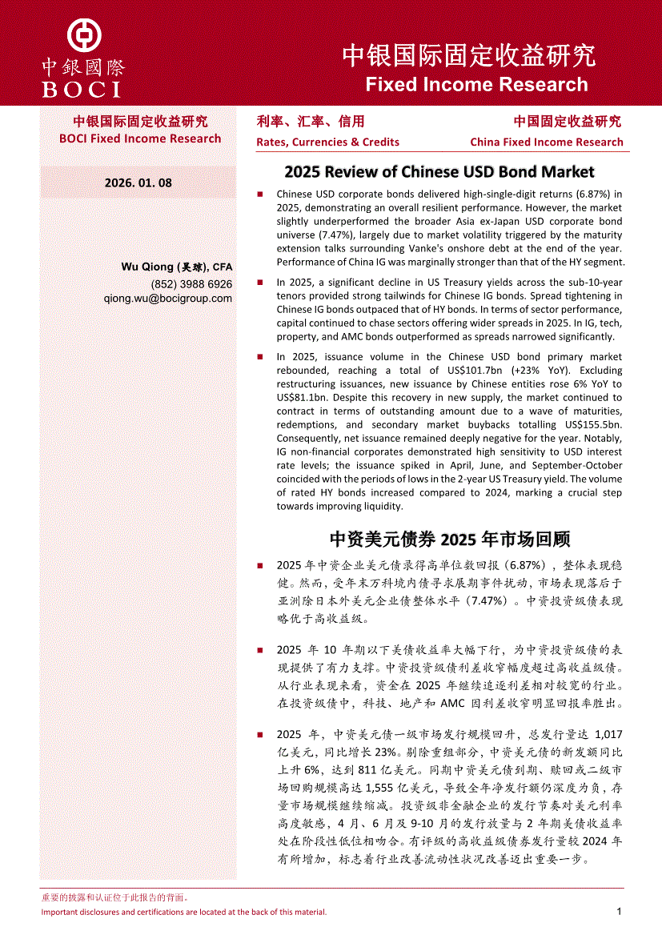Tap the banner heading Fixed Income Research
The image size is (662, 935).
476,84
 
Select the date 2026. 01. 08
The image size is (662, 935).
138,183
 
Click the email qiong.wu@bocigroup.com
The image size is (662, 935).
168,298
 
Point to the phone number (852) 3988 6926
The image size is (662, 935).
191,283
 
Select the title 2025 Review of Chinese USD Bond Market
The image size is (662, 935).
439,171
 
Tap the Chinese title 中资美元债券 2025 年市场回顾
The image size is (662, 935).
450,538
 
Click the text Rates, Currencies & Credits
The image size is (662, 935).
327,142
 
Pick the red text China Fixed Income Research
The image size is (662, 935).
546,142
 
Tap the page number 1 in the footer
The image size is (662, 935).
619,911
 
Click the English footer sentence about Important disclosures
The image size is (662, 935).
184,912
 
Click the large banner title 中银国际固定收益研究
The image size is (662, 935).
469,55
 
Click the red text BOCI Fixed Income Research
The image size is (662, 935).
140,138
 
